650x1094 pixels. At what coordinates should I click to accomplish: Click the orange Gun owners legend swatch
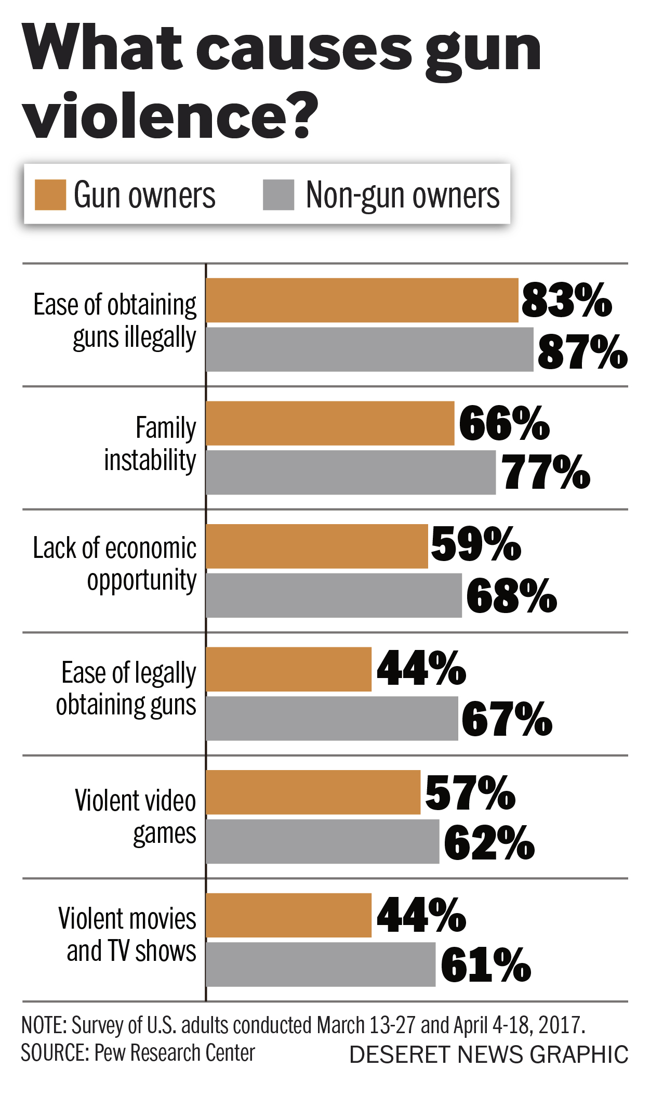click(50, 195)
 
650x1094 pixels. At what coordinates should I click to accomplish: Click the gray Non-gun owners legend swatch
click(278, 195)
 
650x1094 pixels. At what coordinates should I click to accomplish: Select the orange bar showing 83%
click(362, 301)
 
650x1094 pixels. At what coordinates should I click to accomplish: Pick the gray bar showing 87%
click(369, 349)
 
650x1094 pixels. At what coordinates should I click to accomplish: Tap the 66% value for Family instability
click(503, 424)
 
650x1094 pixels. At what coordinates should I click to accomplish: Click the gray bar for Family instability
click(351, 472)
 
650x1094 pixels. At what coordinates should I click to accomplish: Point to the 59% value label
click(475, 544)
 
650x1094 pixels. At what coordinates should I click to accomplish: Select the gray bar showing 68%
click(334, 595)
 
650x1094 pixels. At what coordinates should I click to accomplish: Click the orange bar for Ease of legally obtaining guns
click(289, 669)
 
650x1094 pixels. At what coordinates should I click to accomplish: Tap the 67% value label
click(507, 719)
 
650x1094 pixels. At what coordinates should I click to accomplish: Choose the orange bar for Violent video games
click(313, 792)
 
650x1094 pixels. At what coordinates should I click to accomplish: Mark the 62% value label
click(489, 842)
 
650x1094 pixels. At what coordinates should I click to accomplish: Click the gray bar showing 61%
click(321, 965)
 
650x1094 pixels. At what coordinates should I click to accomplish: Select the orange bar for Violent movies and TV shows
click(289, 915)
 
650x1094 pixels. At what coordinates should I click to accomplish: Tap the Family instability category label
click(150, 444)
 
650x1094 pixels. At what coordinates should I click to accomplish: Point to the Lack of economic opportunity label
click(115, 564)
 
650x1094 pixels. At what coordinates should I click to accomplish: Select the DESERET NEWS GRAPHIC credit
click(488, 1055)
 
